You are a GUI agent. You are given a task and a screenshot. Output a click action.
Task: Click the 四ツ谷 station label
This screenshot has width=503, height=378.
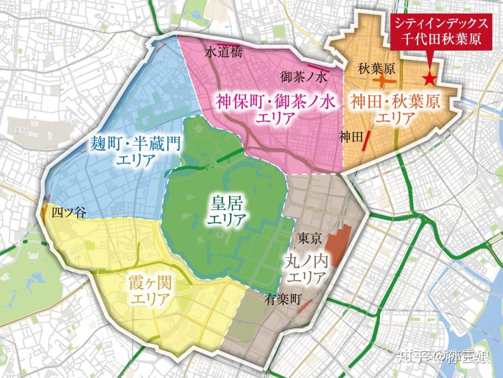[x=68, y=214]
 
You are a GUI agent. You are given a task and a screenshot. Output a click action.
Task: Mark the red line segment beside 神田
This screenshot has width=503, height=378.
[x=367, y=141]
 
